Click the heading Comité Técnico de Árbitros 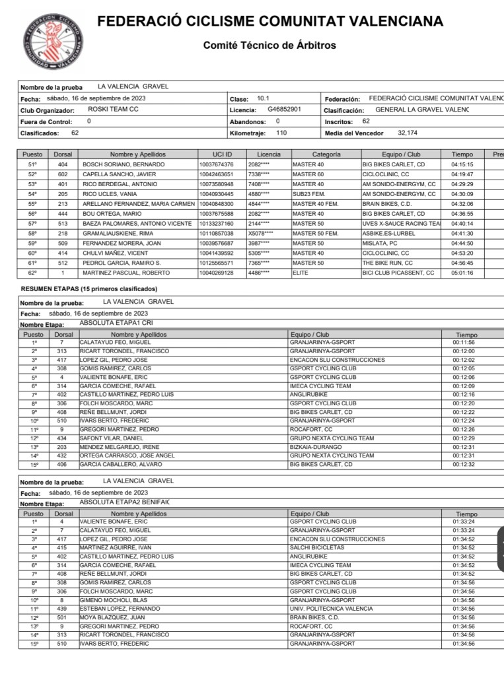[x=270, y=46]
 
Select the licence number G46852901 [x=285, y=110]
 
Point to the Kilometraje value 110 [x=281, y=133]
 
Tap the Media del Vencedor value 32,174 [x=408, y=133]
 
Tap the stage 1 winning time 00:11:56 [x=464, y=343]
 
